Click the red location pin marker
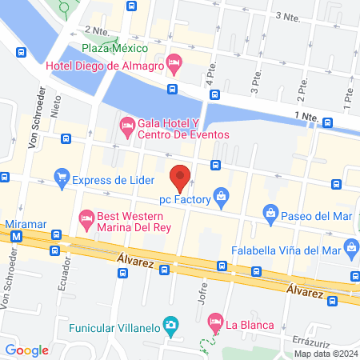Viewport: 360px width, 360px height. pos(181,177)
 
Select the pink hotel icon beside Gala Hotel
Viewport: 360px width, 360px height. pos(126,126)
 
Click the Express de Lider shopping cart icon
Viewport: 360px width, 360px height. pos(61,179)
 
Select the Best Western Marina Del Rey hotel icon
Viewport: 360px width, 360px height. pos(86,217)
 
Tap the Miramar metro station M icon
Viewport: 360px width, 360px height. pos(15,238)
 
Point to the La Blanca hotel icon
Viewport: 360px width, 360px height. pos(214,324)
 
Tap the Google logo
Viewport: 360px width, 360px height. pos(26,350)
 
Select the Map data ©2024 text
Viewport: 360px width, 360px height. pos(324,354)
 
